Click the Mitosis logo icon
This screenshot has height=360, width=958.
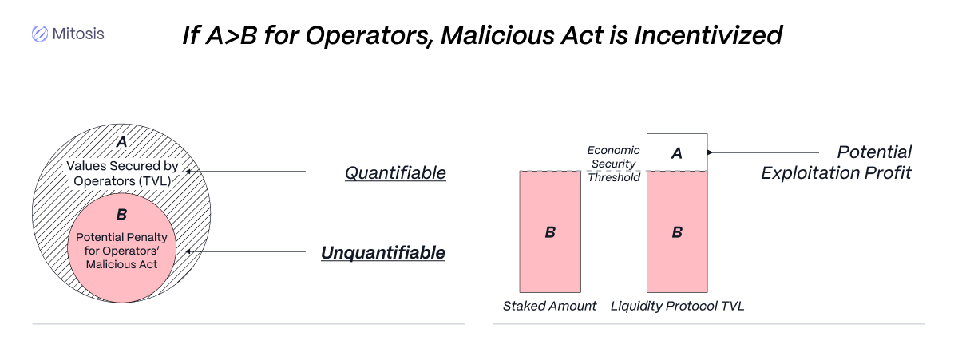click(x=40, y=34)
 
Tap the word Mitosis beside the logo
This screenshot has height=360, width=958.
click(x=78, y=34)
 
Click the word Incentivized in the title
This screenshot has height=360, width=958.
click(x=708, y=35)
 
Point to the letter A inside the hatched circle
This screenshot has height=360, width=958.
click(x=122, y=141)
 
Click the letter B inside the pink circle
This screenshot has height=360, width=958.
click(x=122, y=214)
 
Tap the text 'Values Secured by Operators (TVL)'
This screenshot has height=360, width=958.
click(x=122, y=173)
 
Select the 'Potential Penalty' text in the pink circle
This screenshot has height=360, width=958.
click(x=121, y=237)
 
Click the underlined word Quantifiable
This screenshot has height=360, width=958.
click(x=395, y=173)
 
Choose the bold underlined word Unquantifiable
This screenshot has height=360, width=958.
click(x=383, y=253)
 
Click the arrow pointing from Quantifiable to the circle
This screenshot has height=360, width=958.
click(x=246, y=172)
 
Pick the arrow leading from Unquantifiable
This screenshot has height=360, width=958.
click(x=246, y=251)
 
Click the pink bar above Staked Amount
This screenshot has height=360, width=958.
click(x=550, y=231)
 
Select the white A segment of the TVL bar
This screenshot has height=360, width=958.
click(x=677, y=152)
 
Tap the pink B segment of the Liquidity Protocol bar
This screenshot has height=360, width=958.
click(x=677, y=231)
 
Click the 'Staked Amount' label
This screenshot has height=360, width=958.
click(x=549, y=307)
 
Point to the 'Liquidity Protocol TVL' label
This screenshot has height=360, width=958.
click(x=678, y=307)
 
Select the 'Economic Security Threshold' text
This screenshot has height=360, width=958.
click(x=614, y=164)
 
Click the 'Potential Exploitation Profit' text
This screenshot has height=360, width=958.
click(x=836, y=163)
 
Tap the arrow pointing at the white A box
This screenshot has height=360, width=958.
click(x=763, y=152)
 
